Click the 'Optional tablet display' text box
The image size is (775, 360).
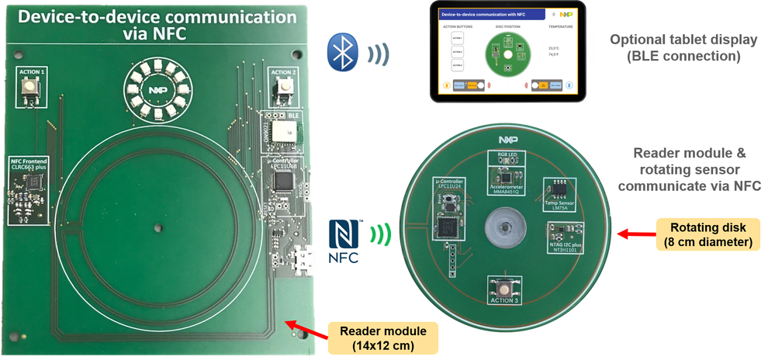pos(668,47)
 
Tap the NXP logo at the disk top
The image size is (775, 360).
pos(508,140)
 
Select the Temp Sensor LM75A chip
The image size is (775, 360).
pos(559,189)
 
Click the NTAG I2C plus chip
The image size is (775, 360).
pos(565,230)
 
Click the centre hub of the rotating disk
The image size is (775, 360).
pos(503,227)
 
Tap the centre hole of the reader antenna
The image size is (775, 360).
pos(158,227)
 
